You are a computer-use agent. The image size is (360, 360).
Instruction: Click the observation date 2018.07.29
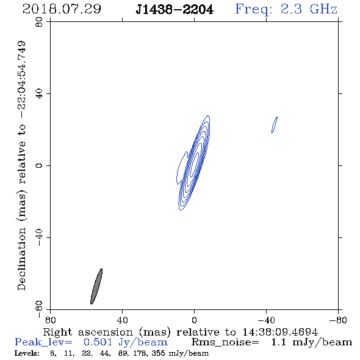pyautogui.click(x=62, y=9)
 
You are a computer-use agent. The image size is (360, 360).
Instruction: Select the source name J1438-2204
pyautogui.click(x=175, y=10)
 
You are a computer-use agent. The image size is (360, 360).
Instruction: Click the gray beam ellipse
pyautogui.click(x=96, y=286)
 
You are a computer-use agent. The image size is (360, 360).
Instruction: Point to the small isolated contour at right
pyautogui.click(x=275, y=125)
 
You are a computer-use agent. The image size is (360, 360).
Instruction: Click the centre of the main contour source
pyautogui.click(x=194, y=162)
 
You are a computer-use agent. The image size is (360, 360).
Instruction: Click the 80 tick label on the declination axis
pyautogui.click(x=39, y=22)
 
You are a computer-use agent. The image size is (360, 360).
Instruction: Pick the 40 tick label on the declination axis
pyautogui.click(x=39, y=94)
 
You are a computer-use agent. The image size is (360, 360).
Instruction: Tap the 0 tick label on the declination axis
pyautogui.click(x=39, y=165)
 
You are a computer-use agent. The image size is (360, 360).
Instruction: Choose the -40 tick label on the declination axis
pyautogui.click(x=39, y=237)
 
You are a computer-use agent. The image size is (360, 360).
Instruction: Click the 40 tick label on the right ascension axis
pyautogui.click(x=122, y=320)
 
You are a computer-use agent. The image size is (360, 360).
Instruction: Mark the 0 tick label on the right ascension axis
pyautogui.click(x=194, y=320)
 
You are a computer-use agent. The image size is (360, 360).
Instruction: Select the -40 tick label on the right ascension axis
pyautogui.click(x=266, y=320)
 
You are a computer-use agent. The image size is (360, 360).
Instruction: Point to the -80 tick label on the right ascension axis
pyautogui.click(x=338, y=320)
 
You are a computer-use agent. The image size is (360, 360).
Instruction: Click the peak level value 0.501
pyautogui.click(x=98, y=342)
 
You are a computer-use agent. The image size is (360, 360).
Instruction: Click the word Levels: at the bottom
pyautogui.click(x=27, y=353)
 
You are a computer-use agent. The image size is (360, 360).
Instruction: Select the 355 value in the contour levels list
pyautogui.click(x=158, y=353)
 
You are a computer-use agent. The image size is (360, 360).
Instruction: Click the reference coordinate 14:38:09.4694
pyautogui.click(x=280, y=332)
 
